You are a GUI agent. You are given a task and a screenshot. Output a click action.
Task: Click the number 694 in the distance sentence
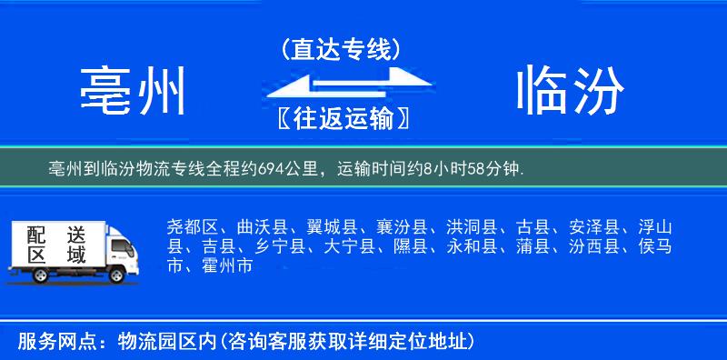tap(268, 168)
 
